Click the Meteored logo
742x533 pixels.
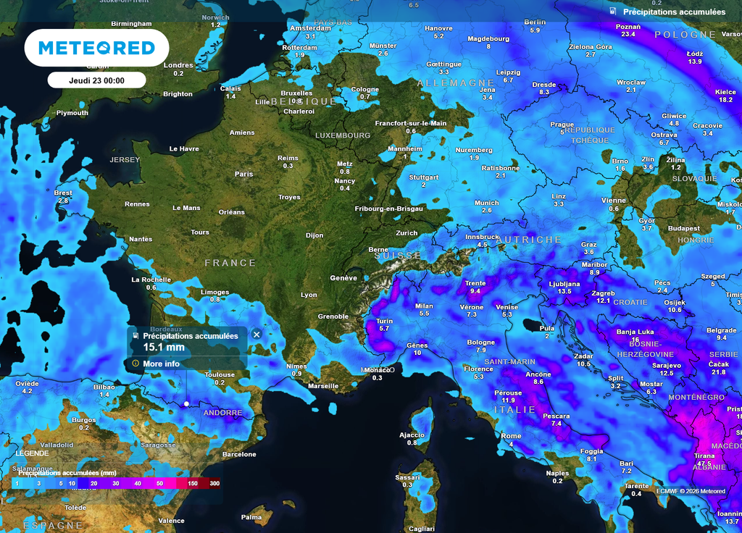96,49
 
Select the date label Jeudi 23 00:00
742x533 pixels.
96,80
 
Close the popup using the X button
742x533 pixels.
257,335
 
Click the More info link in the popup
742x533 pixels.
161,364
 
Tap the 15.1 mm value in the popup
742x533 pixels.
163,348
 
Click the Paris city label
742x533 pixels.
243,174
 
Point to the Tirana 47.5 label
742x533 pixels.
704,459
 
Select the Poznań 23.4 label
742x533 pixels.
628,30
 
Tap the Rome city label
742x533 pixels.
511,436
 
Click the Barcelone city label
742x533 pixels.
239,455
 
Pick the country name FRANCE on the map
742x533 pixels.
230,263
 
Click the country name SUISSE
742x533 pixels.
398,256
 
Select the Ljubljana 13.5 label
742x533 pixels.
564,287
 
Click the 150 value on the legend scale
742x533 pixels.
193,483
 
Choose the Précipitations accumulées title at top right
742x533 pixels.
674,12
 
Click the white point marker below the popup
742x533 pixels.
187,403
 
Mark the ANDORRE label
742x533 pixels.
222,413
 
